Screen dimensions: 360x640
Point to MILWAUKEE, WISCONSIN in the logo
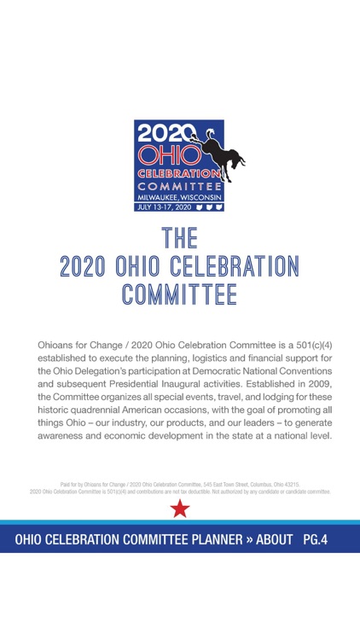click(x=179, y=195)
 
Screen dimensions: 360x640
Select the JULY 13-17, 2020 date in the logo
click(x=162, y=206)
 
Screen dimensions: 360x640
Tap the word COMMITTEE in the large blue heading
click(x=179, y=295)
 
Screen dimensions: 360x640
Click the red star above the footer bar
click(x=180, y=509)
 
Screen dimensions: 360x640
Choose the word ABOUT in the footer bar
click(x=271, y=539)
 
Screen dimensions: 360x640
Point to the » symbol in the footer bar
click(x=241, y=539)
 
